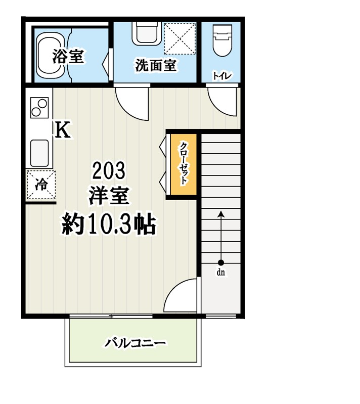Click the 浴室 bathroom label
point(68,57)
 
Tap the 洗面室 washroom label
point(155,65)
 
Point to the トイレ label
point(222,76)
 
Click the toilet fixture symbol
point(222,41)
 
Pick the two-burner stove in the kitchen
point(39,107)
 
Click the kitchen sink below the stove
point(39,152)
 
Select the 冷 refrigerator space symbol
point(41,185)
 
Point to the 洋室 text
point(108,196)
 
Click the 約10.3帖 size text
point(108,223)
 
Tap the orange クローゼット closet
point(183,164)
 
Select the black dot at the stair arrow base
point(221,262)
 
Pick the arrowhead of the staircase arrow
point(221,214)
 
